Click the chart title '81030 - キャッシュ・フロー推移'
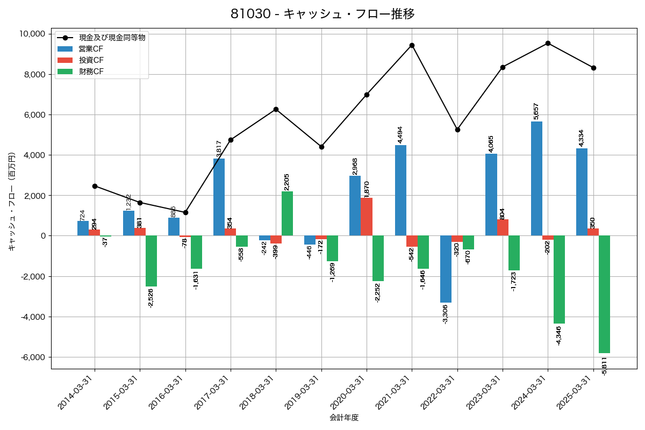(x=322, y=14)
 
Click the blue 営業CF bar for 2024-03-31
(x=536, y=178)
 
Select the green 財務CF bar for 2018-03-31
(x=287, y=213)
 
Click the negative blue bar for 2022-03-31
(x=446, y=269)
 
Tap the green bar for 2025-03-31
(x=604, y=294)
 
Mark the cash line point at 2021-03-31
(x=412, y=45)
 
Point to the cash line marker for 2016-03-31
(x=185, y=212)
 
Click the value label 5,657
(x=536, y=111)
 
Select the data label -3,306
(x=446, y=314)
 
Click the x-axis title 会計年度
(x=344, y=418)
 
